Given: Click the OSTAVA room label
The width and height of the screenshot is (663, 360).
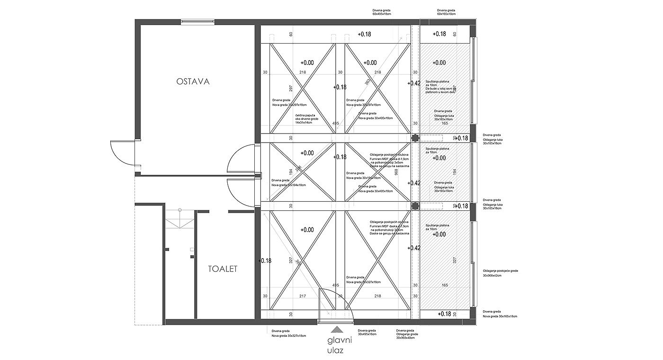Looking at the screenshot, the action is (193, 81).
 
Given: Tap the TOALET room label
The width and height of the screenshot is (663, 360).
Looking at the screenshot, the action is (222, 269).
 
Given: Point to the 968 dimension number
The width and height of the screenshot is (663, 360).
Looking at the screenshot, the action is (396, 172).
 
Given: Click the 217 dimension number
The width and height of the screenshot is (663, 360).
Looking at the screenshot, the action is (303, 296).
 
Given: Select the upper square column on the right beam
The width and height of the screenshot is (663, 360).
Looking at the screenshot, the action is (415, 138).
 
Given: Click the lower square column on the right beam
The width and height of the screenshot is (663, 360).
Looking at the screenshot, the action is (415, 206).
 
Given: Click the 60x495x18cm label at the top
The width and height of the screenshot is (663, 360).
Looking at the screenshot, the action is (382, 14).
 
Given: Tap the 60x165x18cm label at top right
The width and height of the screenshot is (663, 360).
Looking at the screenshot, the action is (446, 14).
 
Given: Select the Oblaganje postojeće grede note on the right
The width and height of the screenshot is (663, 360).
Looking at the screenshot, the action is (501, 270).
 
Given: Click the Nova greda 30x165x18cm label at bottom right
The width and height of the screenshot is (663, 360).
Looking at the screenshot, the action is (500, 316).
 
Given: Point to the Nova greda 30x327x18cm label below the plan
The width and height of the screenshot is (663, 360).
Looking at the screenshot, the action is (289, 336).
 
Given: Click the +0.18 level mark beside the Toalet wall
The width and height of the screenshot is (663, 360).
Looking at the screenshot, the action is (265, 261).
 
